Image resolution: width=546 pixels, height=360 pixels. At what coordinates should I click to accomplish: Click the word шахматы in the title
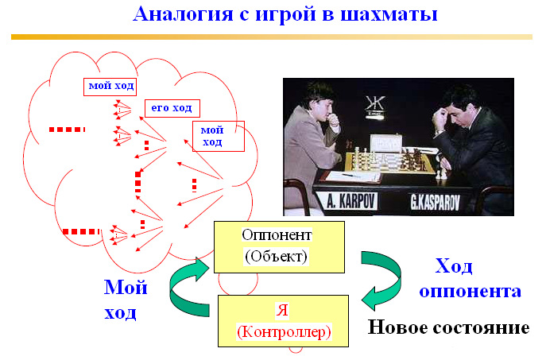click(389, 14)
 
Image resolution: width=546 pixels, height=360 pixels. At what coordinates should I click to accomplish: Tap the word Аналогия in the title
click(183, 14)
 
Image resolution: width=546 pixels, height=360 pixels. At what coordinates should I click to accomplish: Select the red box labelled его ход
click(172, 108)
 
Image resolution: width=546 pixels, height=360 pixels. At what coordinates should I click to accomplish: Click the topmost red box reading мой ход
click(110, 87)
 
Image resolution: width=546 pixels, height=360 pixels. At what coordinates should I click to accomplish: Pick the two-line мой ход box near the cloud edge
click(219, 136)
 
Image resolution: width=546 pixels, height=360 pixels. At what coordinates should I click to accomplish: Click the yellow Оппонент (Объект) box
click(279, 247)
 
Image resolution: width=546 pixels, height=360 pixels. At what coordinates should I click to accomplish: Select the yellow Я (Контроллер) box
click(283, 320)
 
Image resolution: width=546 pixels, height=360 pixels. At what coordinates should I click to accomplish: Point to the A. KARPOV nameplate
click(351, 201)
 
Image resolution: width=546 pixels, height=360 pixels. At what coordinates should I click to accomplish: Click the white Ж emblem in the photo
click(375, 104)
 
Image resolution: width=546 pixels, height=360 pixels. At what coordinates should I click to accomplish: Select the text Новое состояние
click(448, 327)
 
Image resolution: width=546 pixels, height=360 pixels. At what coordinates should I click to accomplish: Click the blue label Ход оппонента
click(470, 278)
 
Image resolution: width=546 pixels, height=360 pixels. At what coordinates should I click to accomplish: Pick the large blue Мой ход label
click(126, 300)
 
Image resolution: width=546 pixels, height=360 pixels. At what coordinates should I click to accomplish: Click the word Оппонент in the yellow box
click(277, 235)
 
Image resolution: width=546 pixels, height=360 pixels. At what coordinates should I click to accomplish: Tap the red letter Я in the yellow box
click(282, 309)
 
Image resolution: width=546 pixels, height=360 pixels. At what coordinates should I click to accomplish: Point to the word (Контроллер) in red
click(284, 332)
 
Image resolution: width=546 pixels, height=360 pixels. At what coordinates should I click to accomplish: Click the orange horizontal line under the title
click(272, 37)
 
